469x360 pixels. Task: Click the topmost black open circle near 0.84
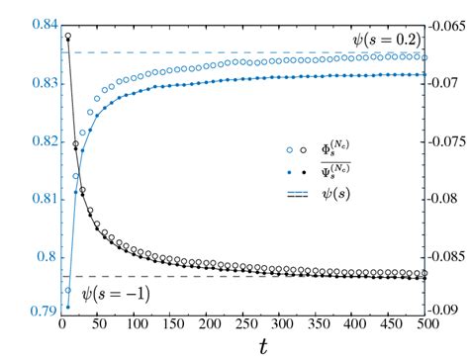67,37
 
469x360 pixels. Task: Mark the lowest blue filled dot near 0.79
67,307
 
